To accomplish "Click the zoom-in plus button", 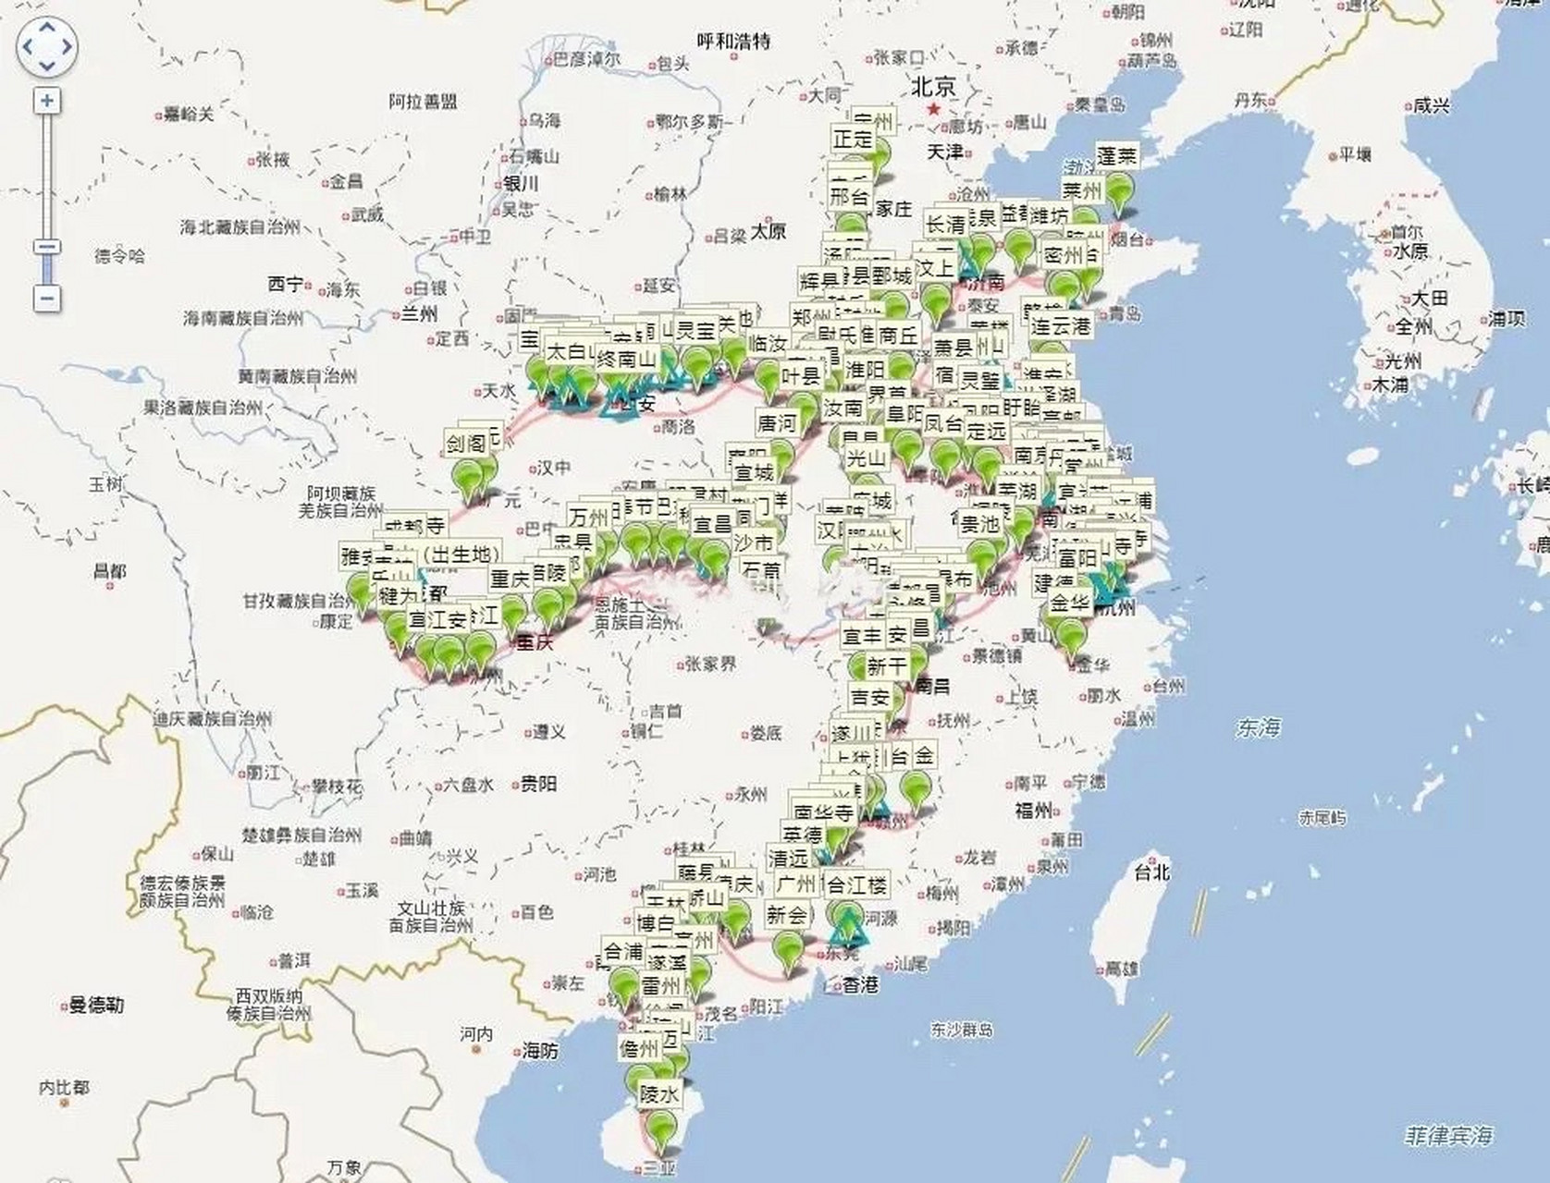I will pyautogui.click(x=47, y=101).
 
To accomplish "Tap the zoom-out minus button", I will pyautogui.click(x=47, y=298).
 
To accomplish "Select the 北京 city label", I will pyautogui.click(x=933, y=87).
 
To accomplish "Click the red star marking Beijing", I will pyautogui.click(x=934, y=109).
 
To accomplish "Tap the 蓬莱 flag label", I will pyautogui.click(x=1116, y=156).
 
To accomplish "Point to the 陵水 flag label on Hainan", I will pyautogui.click(x=659, y=1094).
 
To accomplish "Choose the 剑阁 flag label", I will pyautogui.click(x=466, y=444).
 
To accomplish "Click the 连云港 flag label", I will pyautogui.click(x=1060, y=325).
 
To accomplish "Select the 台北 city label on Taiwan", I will pyautogui.click(x=1152, y=871).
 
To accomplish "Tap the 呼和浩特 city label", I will pyautogui.click(x=733, y=42).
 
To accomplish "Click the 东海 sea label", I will pyautogui.click(x=1258, y=727).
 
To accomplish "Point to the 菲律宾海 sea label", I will pyautogui.click(x=1447, y=1135).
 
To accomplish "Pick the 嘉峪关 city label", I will pyautogui.click(x=189, y=115).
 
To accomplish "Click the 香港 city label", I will pyautogui.click(x=860, y=985).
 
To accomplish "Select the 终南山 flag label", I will pyautogui.click(x=625, y=359).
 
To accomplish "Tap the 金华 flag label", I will pyautogui.click(x=1070, y=604).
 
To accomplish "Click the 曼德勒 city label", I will pyautogui.click(x=96, y=1005).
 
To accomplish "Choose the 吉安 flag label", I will pyautogui.click(x=870, y=697).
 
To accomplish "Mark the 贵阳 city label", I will pyautogui.click(x=538, y=784).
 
